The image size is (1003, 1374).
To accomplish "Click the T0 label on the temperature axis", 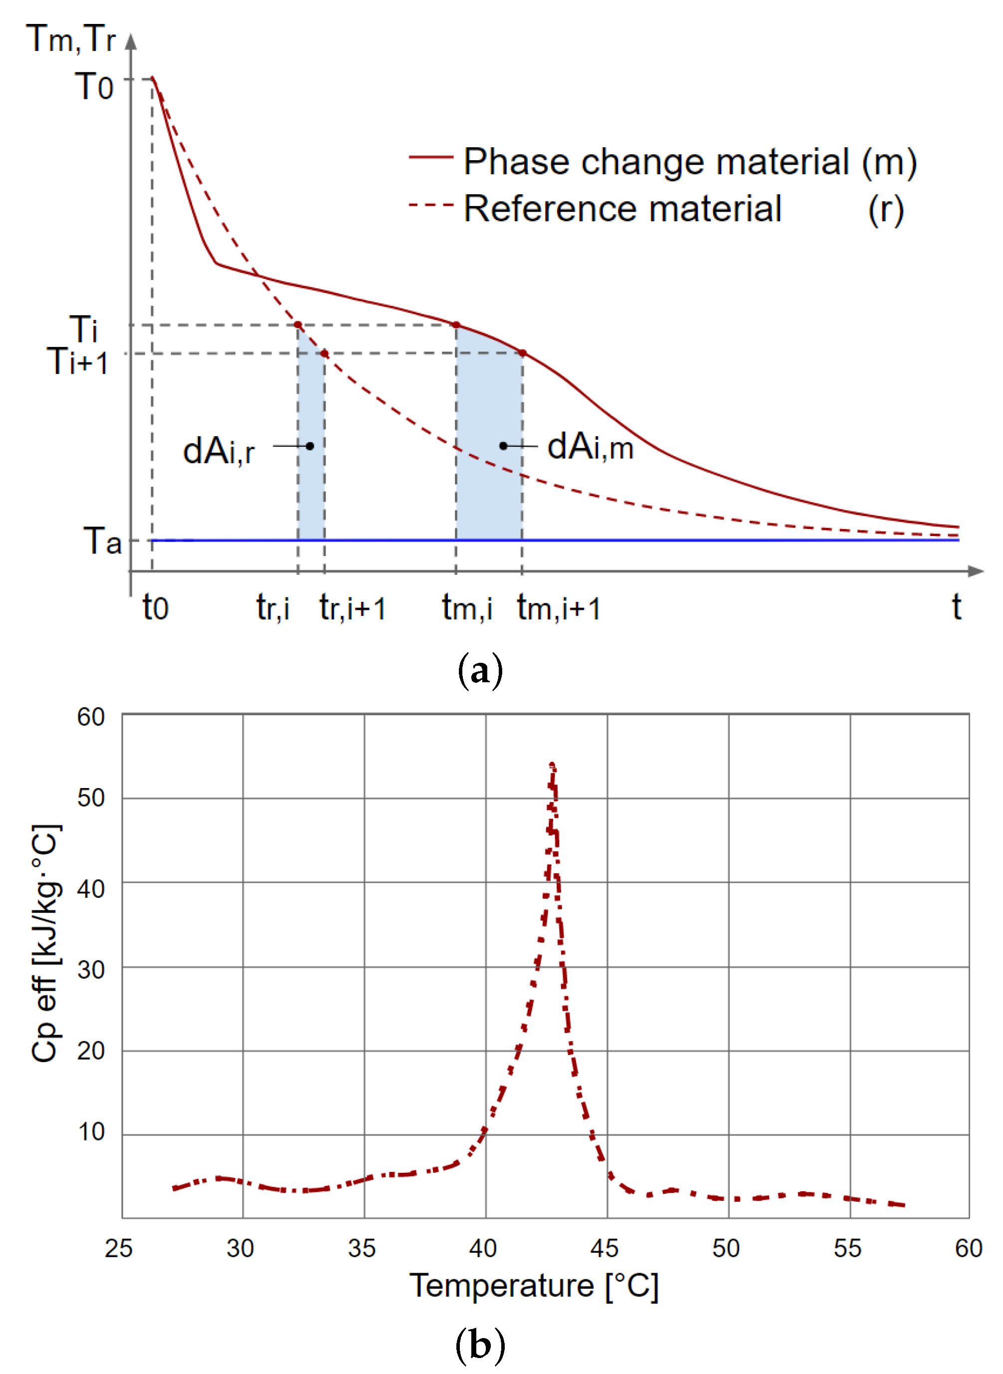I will (x=94, y=86).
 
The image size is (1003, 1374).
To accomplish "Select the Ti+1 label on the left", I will (x=78, y=361).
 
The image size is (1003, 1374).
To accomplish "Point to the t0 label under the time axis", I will (x=156, y=607).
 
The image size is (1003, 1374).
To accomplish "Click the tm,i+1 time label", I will (x=559, y=608).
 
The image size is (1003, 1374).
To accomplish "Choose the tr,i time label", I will (x=273, y=607).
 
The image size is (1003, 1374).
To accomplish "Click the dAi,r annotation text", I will (x=218, y=451).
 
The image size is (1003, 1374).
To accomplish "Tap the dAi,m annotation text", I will (x=590, y=447).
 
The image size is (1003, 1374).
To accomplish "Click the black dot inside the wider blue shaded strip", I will (x=503, y=446).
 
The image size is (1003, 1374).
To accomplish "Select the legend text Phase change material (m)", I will (x=690, y=162).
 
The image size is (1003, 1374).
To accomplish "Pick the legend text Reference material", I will (x=622, y=209).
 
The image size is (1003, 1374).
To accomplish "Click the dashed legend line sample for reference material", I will (x=430, y=205).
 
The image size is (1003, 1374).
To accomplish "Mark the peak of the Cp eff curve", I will (x=552, y=766).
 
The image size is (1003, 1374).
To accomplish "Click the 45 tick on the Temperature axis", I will (x=604, y=1249).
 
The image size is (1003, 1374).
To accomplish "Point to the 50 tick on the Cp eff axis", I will (x=91, y=798).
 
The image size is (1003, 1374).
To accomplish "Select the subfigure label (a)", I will (x=480, y=671).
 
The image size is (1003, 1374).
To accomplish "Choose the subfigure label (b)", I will (x=480, y=1344).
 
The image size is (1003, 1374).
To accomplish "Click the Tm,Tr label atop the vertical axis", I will (x=71, y=39).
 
